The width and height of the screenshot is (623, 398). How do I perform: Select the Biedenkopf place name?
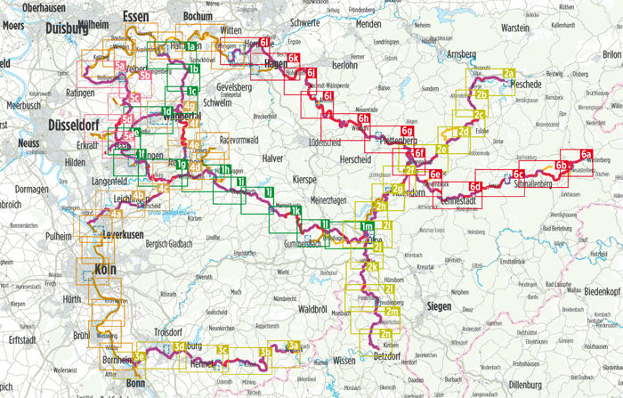[x=595, y=290]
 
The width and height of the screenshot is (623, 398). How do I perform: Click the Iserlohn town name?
[x=348, y=65]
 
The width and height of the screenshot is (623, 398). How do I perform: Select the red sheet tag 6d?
[x=475, y=186]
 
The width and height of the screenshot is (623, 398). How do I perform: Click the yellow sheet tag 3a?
[x=292, y=346]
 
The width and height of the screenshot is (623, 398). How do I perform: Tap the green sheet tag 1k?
[x=295, y=210]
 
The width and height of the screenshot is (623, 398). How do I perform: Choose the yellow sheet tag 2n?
[x=385, y=333]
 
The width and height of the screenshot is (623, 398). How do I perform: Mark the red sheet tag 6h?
[x=363, y=118]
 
